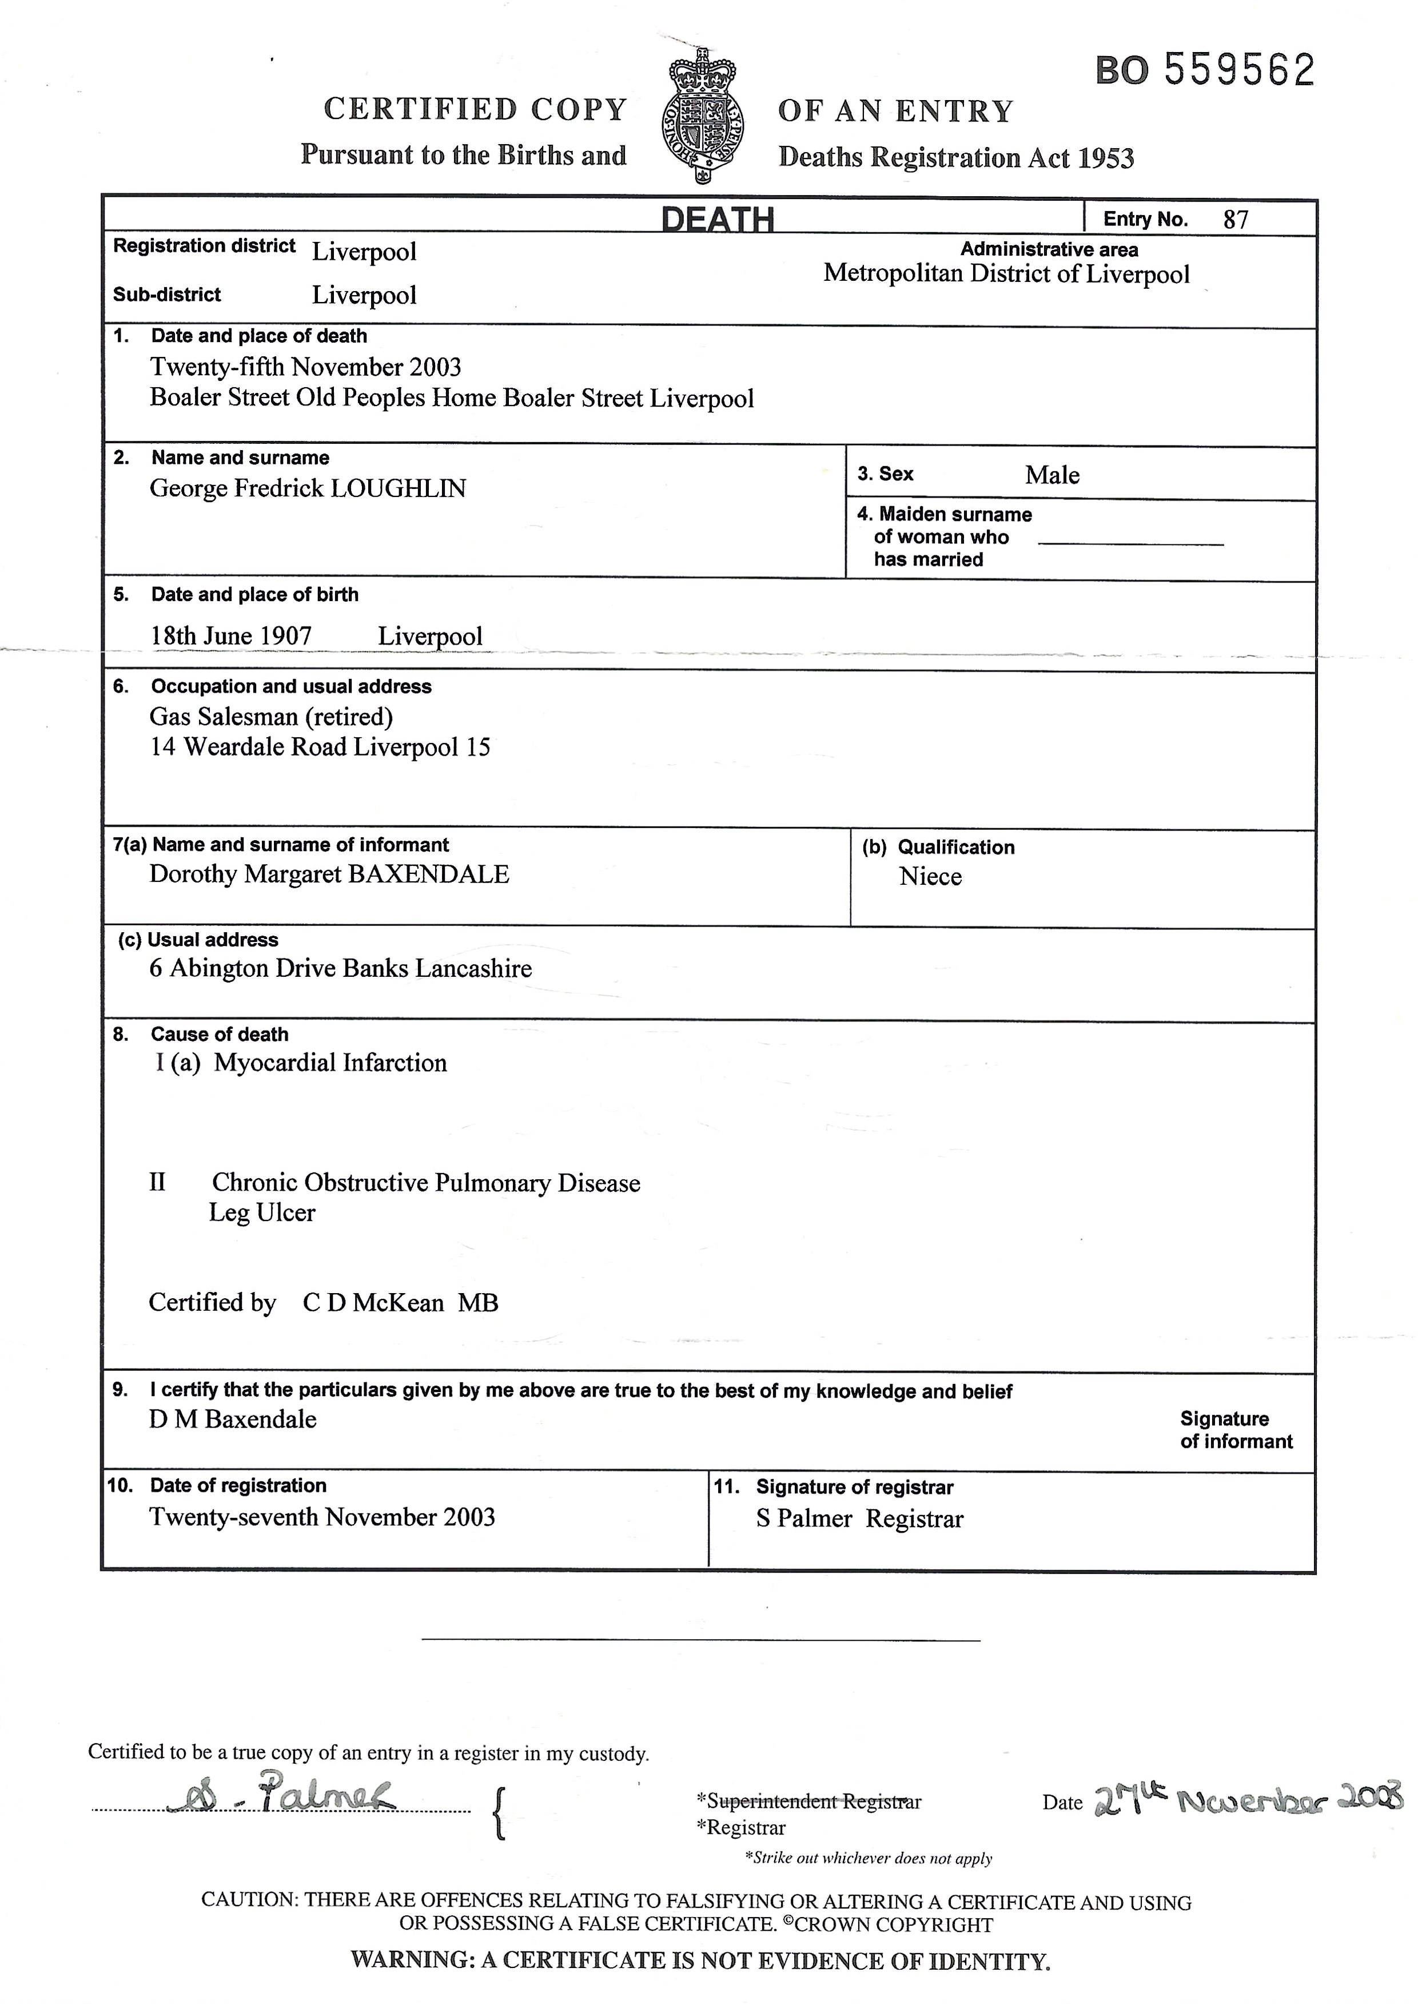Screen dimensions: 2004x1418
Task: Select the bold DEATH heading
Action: pyautogui.click(x=717, y=218)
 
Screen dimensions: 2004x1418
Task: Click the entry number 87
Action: pyautogui.click(x=1236, y=219)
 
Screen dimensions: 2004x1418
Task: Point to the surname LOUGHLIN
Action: pyautogui.click(x=398, y=488)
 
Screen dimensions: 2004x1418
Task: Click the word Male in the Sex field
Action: pyautogui.click(x=1051, y=475)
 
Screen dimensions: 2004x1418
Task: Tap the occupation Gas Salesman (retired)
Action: pyautogui.click(x=270, y=717)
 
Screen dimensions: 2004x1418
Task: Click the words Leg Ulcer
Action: pyautogui.click(x=262, y=1213)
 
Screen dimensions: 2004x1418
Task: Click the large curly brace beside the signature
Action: pyautogui.click(x=499, y=1814)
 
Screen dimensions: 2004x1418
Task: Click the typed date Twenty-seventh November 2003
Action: pyautogui.click(x=322, y=1517)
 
